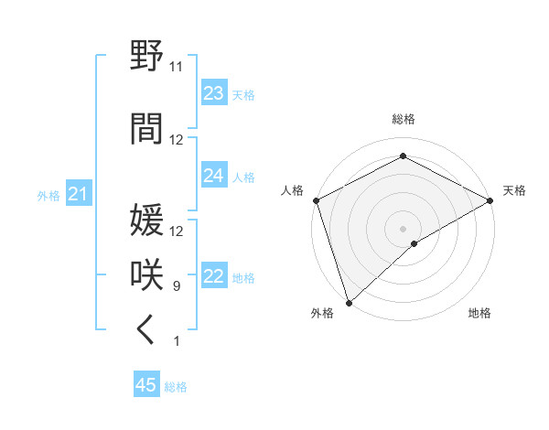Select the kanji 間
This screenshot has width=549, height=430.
point(147,129)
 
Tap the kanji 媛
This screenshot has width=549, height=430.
point(147,220)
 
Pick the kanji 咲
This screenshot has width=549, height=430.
point(147,275)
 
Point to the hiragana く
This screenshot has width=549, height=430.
point(145,330)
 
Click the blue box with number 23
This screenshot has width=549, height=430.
point(213,93)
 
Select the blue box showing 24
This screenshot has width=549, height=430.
point(213,176)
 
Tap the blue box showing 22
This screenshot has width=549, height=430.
point(213,277)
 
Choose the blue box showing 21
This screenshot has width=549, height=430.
point(78,195)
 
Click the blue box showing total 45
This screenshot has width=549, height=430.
point(146,385)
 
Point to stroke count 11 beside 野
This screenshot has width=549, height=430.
point(177,67)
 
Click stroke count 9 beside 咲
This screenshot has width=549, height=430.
point(177,286)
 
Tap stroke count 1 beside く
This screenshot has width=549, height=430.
point(177,341)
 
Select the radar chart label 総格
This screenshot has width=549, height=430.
point(403,119)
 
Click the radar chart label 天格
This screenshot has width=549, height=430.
point(514,190)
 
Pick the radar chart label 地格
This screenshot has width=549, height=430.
point(479,313)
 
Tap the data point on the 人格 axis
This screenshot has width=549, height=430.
point(316,199)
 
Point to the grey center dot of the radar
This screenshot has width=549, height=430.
point(403,228)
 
